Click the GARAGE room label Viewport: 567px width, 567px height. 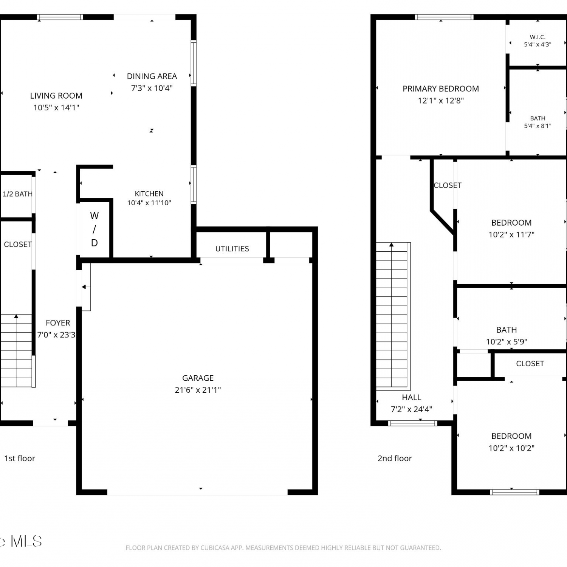tap(198, 378)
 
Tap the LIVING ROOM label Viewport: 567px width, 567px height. tap(56, 96)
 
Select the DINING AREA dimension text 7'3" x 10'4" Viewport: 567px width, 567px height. tap(152, 88)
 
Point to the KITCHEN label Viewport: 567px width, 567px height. tap(149, 194)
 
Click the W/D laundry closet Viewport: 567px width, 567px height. tap(94, 229)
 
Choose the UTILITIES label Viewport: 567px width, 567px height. tap(232, 249)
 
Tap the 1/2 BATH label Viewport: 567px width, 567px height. tap(17, 194)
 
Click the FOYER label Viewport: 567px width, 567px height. tap(58, 323)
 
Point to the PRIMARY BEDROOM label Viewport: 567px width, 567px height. tap(441, 89)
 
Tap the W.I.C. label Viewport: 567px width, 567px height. tap(538, 37)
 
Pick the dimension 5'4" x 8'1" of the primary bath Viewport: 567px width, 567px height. tap(538, 126)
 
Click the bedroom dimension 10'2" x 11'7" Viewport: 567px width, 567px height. tap(511, 235)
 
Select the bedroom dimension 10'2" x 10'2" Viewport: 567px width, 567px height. tap(511, 448)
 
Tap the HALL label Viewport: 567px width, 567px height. tap(411, 397)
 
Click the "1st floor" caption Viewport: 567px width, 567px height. tap(20, 459)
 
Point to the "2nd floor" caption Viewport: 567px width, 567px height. tap(395, 459)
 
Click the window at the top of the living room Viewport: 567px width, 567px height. tap(60, 17)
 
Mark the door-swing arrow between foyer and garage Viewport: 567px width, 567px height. tap(86, 287)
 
